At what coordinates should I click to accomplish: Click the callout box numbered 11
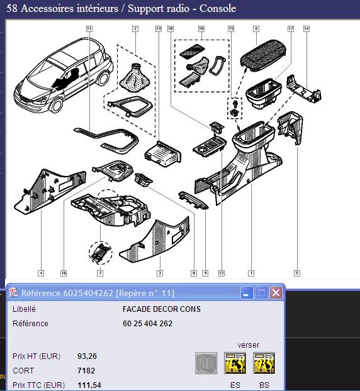coord(89,29)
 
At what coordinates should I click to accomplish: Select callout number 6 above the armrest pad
coord(256,29)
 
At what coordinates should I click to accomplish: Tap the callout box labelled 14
coord(307,29)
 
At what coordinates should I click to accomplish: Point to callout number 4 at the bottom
coord(41,273)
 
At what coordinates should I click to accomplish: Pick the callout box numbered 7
coord(100,273)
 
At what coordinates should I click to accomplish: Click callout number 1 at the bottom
coord(251,273)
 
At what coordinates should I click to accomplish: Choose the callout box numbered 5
coord(297,273)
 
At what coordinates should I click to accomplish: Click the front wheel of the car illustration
coord(57,105)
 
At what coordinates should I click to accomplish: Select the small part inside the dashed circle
coord(101,253)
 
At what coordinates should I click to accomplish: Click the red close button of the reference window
coord(276,292)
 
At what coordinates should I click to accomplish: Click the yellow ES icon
coord(235,363)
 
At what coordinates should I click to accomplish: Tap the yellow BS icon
coord(264,363)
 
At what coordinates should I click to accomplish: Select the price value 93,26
coord(87,356)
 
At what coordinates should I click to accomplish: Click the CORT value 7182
coord(86,370)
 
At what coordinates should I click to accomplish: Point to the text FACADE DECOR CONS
coord(162,309)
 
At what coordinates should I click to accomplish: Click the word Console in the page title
coord(218,8)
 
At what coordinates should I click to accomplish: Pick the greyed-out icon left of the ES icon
coord(206,363)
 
